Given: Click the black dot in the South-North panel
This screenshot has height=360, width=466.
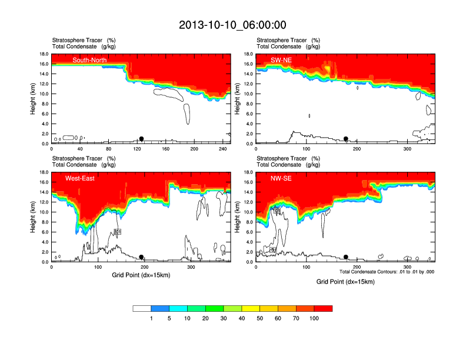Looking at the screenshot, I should (x=141, y=139).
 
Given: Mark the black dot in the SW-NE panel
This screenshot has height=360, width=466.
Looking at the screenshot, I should (x=346, y=139).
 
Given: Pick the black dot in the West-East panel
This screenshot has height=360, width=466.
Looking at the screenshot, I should (x=141, y=257).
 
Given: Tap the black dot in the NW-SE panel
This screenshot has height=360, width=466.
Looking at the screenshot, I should (x=346, y=257).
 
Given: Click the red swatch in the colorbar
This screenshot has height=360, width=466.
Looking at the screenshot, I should (x=323, y=308).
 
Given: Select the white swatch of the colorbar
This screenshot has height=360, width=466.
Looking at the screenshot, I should (x=142, y=308).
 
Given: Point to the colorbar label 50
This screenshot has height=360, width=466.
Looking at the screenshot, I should (x=259, y=318).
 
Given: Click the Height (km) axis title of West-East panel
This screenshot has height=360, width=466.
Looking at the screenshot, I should (x=33, y=217).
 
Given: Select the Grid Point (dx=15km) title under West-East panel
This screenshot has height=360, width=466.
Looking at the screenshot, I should (x=141, y=275).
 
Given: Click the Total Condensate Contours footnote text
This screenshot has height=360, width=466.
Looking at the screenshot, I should (x=387, y=272).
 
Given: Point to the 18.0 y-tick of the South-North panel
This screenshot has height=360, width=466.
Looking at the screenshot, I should (x=44, y=54).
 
